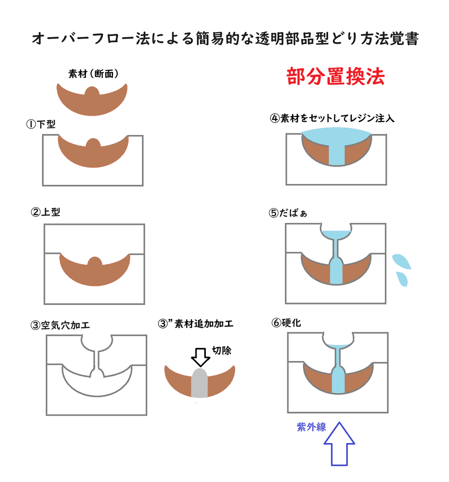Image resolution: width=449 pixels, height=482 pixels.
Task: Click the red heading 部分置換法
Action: pos(335,76)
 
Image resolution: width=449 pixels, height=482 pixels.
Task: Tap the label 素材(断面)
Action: pos(93,74)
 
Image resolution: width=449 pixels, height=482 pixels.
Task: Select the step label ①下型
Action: pos(41,124)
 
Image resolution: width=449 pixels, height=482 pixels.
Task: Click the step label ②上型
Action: pos(45,212)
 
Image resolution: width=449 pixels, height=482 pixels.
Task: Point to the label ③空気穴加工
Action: pos(60,325)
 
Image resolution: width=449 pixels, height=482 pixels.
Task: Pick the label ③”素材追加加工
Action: pos(195,323)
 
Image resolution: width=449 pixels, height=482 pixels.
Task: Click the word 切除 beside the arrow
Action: pos(221,350)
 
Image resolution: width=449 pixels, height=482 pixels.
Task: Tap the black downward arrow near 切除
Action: pos(200,357)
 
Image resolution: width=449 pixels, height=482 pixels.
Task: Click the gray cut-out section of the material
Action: pos(199,383)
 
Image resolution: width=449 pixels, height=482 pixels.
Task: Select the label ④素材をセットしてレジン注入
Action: pos(332,118)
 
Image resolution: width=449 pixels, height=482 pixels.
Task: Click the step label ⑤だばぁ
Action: pos(288,213)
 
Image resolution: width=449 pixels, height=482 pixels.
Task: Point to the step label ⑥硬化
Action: pos(286,323)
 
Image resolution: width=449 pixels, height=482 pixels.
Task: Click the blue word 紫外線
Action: pos(311,427)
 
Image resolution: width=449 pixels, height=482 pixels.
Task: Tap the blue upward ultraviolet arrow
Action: pos(339,444)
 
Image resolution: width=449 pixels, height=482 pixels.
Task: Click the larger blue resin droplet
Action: pos(401,261)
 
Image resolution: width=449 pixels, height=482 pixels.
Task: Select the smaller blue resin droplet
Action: pos(402,279)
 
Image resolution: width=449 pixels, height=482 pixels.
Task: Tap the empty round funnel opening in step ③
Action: pos(97,342)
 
